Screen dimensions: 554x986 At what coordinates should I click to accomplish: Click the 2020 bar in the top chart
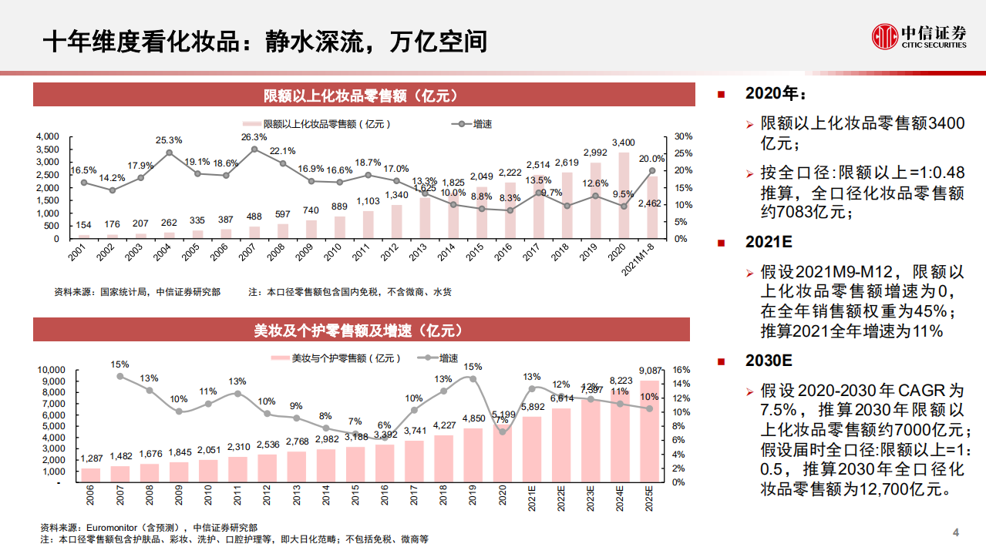coord(624,196)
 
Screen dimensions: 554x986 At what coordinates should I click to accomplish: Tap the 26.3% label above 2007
coord(254,137)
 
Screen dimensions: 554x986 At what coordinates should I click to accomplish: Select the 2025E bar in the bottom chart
coord(650,431)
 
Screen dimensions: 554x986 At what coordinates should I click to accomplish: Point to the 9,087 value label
coord(650,370)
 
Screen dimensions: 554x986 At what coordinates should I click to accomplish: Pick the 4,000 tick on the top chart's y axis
coord(48,136)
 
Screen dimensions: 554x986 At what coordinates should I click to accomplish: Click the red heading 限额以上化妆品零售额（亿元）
coord(361,96)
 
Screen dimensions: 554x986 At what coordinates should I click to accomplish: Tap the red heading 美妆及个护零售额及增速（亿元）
coord(361,330)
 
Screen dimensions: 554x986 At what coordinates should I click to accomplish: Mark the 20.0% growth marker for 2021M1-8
coord(652,171)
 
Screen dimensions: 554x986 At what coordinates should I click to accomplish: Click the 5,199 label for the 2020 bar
coord(503,415)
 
